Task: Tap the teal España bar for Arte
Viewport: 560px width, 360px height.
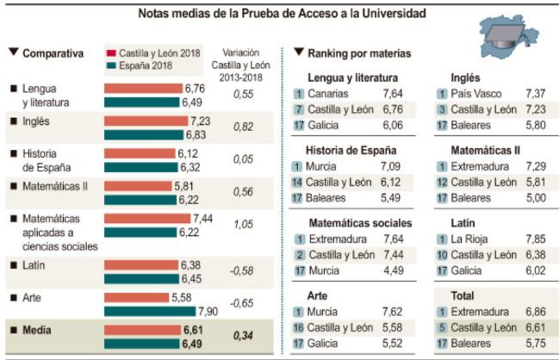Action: click(151, 310)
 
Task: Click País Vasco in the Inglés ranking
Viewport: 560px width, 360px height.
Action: click(479, 93)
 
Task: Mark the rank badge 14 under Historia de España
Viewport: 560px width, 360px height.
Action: click(298, 181)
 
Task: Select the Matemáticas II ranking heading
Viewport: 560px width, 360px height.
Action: click(485, 150)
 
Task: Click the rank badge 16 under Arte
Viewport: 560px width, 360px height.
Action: click(298, 326)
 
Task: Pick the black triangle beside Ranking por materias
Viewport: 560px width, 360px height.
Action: click(298, 53)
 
